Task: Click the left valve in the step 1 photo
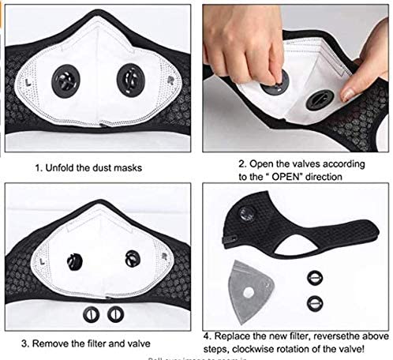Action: pyautogui.click(x=70, y=81)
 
